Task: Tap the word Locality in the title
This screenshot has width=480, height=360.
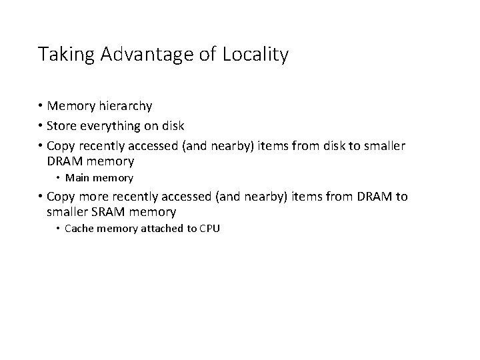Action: [x=256, y=55]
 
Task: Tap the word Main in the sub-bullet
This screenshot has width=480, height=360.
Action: [x=77, y=178]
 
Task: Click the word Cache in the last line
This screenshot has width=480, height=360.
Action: [x=79, y=229]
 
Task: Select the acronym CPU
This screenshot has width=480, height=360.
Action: [x=209, y=229]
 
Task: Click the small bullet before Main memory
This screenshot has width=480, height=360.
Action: [x=59, y=178]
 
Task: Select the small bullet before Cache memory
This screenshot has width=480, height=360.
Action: [x=59, y=229]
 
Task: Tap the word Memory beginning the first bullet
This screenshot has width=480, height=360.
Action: [x=72, y=106]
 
